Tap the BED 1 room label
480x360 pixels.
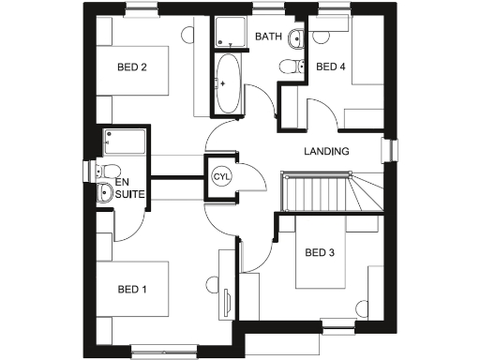click(x=132, y=289)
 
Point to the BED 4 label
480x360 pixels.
click(x=331, y=67)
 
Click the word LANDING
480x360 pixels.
click(x=327, y=151)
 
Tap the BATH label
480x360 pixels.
click(x=268, y=37)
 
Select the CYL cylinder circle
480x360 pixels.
click(x=221, y=176)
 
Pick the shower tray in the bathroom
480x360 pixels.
click(x=229, y=33)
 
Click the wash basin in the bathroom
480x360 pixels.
click(x=295, y=38)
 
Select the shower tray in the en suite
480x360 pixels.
click(x=125, y=142)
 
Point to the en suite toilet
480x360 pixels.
click(x=99, y=171)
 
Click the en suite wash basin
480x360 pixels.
click(x=105, y=194)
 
